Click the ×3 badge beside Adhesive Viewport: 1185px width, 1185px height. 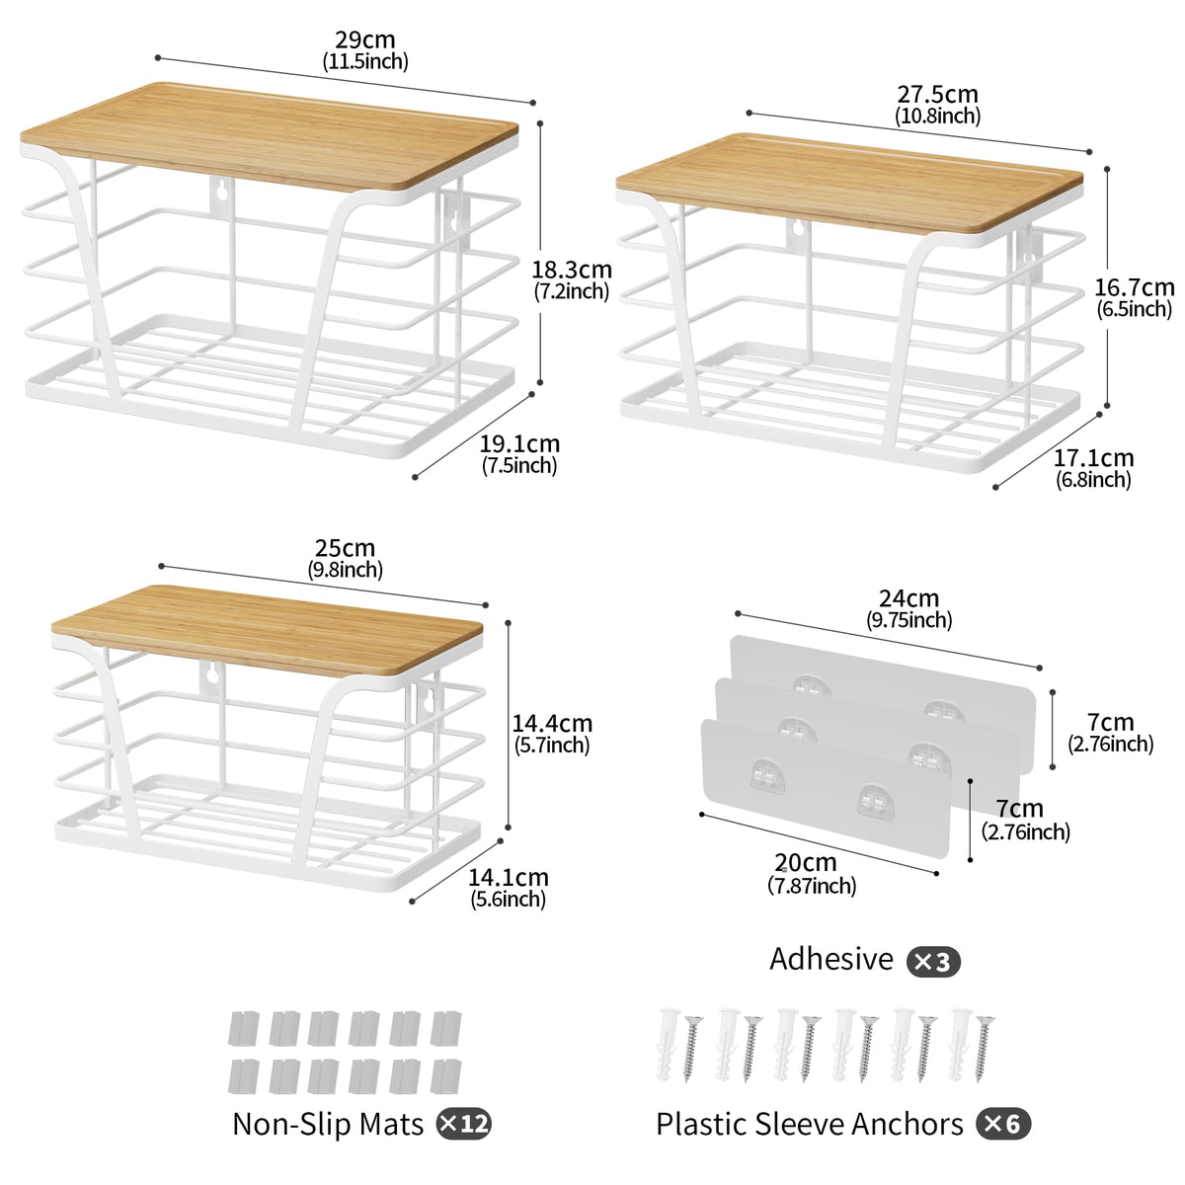(x=933, y=962)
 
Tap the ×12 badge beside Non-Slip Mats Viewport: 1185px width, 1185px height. (x=464, y=1125)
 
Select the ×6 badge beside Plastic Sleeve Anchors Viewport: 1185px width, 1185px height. (x=1003, y=1125)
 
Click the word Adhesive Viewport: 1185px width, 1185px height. (x=831, y=959)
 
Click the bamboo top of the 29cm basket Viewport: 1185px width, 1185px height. (x=270, y=134)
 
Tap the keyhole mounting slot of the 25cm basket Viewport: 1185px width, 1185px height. (x=211, y=675)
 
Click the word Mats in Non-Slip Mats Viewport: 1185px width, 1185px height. (x=392, y=1124)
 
